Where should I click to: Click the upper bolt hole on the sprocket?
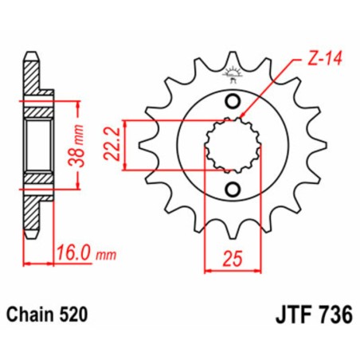tap(233, 101)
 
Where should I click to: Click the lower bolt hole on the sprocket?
tap(233, 189)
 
